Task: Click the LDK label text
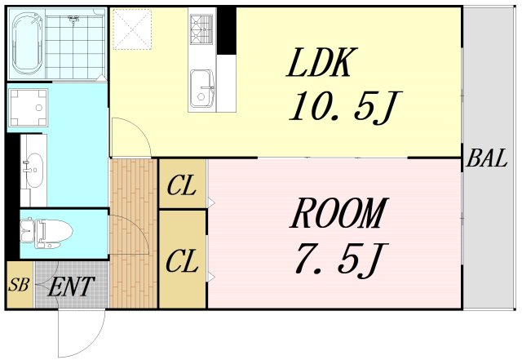[x=322, y=63]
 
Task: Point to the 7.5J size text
[x=342, y=259]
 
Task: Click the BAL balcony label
[x=487, y=158]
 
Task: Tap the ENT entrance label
[x=71, y=287]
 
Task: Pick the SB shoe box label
[x=19, y=285]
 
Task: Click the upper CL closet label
[x=181, y=186]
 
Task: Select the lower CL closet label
[x=182, y=261]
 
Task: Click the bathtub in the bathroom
[x=27, y=43]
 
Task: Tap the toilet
[x=46, y=233]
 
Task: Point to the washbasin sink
[x=34, y=170]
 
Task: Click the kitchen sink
[x=201, y=87]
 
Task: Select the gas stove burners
[x=201, y=29]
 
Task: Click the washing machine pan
[x=28, y=108]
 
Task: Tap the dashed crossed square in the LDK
[x=132, y=29]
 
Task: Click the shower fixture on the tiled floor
[x=73, y=20]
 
